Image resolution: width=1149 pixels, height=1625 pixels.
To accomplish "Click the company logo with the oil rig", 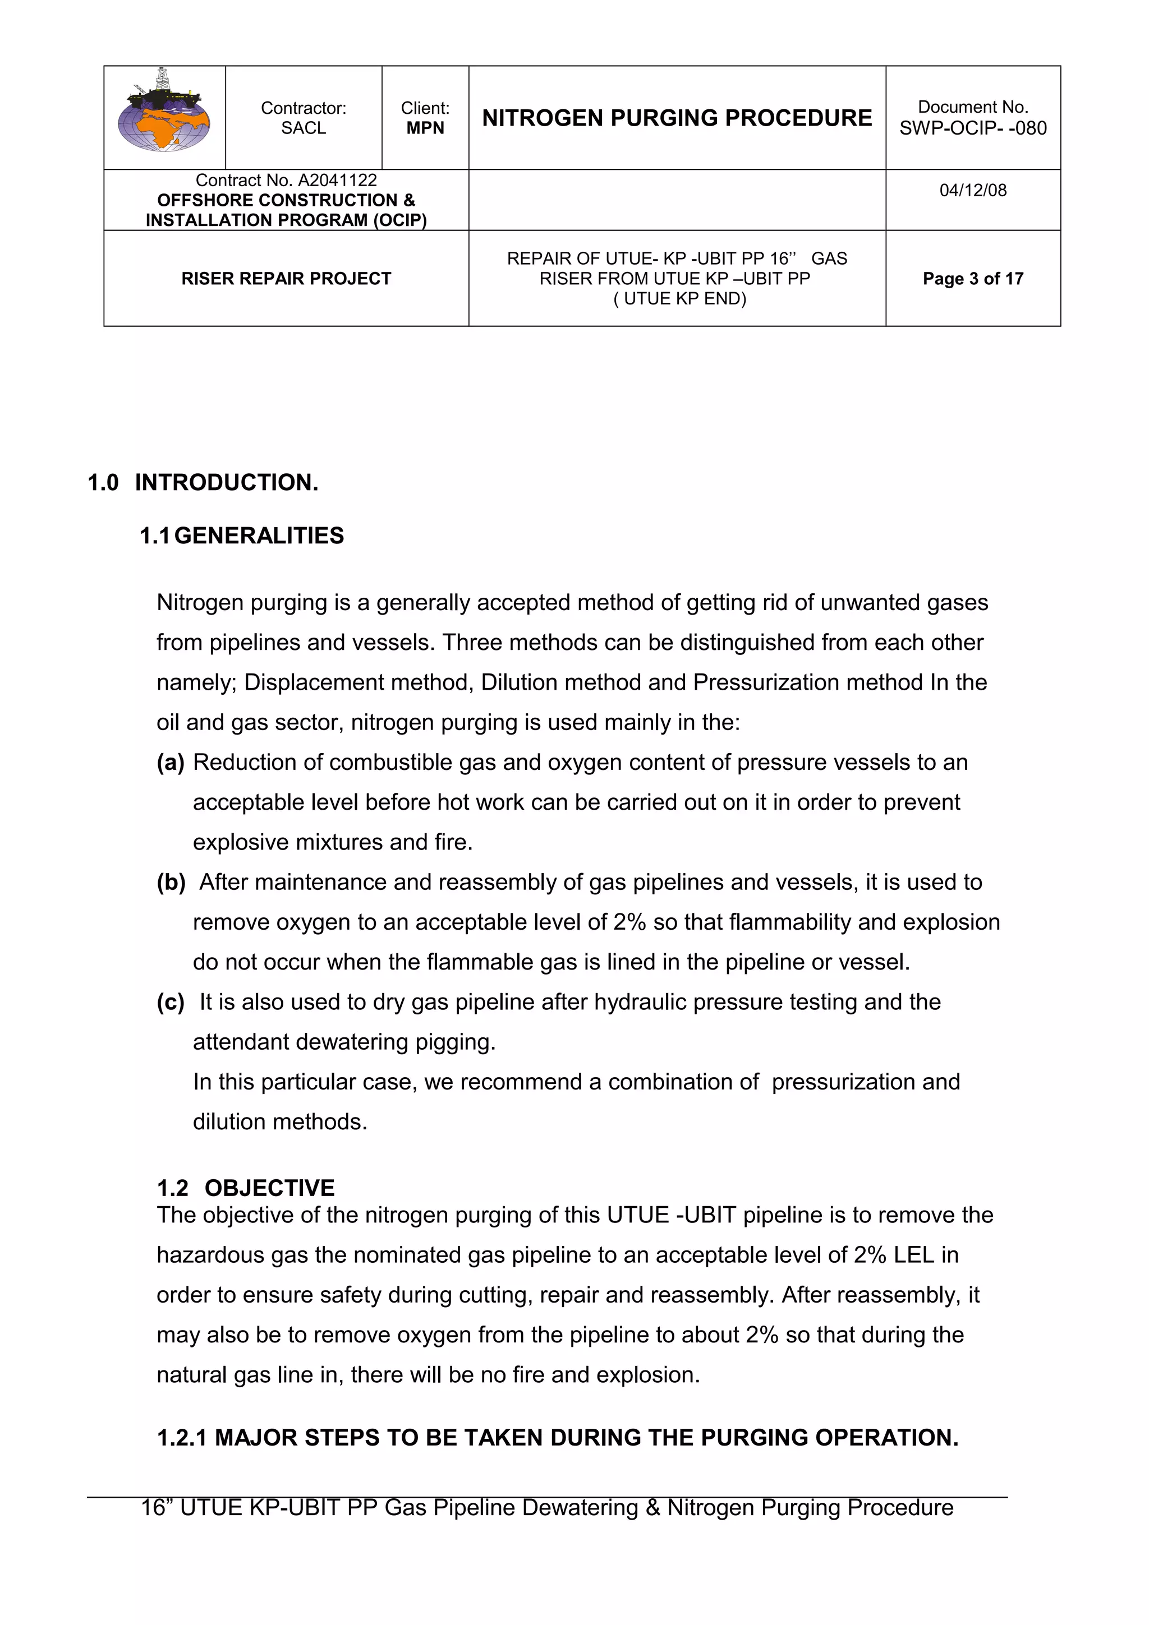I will point(164,111).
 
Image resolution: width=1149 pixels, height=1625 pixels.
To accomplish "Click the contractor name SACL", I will point(303,128).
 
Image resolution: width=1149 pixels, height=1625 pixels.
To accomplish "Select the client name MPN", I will point(425,128).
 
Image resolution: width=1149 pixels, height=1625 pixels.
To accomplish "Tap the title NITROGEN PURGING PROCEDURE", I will point(677,118).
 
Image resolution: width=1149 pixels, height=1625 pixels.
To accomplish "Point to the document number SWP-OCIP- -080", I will point(973,128).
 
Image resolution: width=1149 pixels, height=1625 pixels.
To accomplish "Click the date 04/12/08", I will point(973,191).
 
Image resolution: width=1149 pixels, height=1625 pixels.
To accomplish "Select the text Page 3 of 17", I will point(973,279).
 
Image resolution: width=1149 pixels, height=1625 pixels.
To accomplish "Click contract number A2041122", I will point(337,181).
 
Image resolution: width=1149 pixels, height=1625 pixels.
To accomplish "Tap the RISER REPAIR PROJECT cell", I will point(286,279).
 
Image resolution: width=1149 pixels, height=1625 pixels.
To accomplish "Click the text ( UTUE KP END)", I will point(679,299).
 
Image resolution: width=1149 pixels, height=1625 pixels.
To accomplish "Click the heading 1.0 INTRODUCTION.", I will point(203,483).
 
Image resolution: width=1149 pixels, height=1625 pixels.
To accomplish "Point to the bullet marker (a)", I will point(171,762).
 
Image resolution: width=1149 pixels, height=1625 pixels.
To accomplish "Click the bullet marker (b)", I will point(171,883).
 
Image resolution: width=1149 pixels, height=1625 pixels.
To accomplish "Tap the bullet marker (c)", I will point(171,1002).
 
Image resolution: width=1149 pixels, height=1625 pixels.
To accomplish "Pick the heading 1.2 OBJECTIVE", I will point(246,1188).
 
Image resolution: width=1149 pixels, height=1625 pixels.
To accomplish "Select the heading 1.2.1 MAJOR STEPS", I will point(557,1438).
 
